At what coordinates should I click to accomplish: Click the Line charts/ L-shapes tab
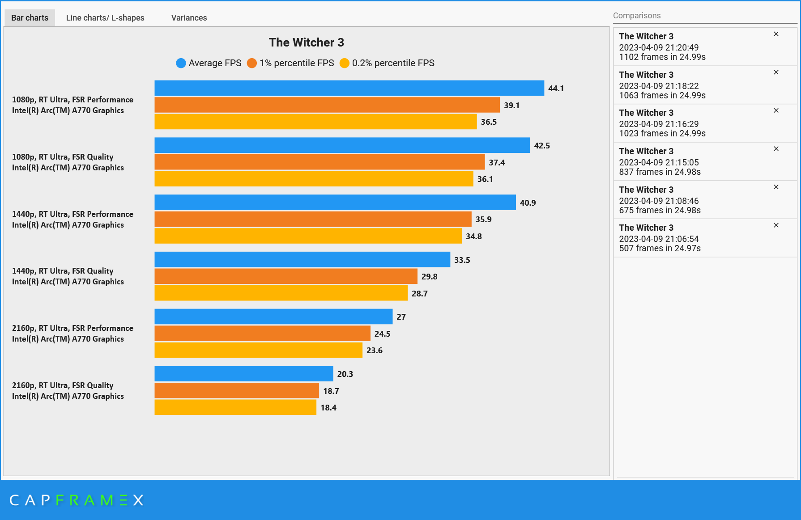point(105,18)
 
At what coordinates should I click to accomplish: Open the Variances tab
point(189,18)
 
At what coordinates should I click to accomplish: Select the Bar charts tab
point(30,18)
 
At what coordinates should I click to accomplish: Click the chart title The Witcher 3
point(306,42)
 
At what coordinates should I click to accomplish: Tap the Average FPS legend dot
point(181,63)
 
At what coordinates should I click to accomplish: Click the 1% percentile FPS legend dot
point(252,63)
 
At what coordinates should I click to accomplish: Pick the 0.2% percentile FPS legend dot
point(344,63)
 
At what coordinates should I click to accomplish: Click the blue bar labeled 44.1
point(349,88)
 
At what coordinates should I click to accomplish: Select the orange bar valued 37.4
point(320,162)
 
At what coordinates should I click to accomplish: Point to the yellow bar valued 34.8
point(308,236)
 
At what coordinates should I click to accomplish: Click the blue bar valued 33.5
point(302,259)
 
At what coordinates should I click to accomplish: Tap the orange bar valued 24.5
point(262,334)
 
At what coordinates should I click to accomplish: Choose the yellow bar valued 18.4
point(235,407)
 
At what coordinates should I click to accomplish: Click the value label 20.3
point(345,374)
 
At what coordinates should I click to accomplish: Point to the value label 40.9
point(528,203)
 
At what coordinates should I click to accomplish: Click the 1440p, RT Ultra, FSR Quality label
point(63,271)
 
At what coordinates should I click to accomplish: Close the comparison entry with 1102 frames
point(776,34)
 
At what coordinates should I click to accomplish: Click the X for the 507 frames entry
point(776,225)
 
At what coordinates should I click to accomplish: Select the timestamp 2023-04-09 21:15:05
point(659,163)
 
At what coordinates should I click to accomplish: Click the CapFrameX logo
point(76,500)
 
